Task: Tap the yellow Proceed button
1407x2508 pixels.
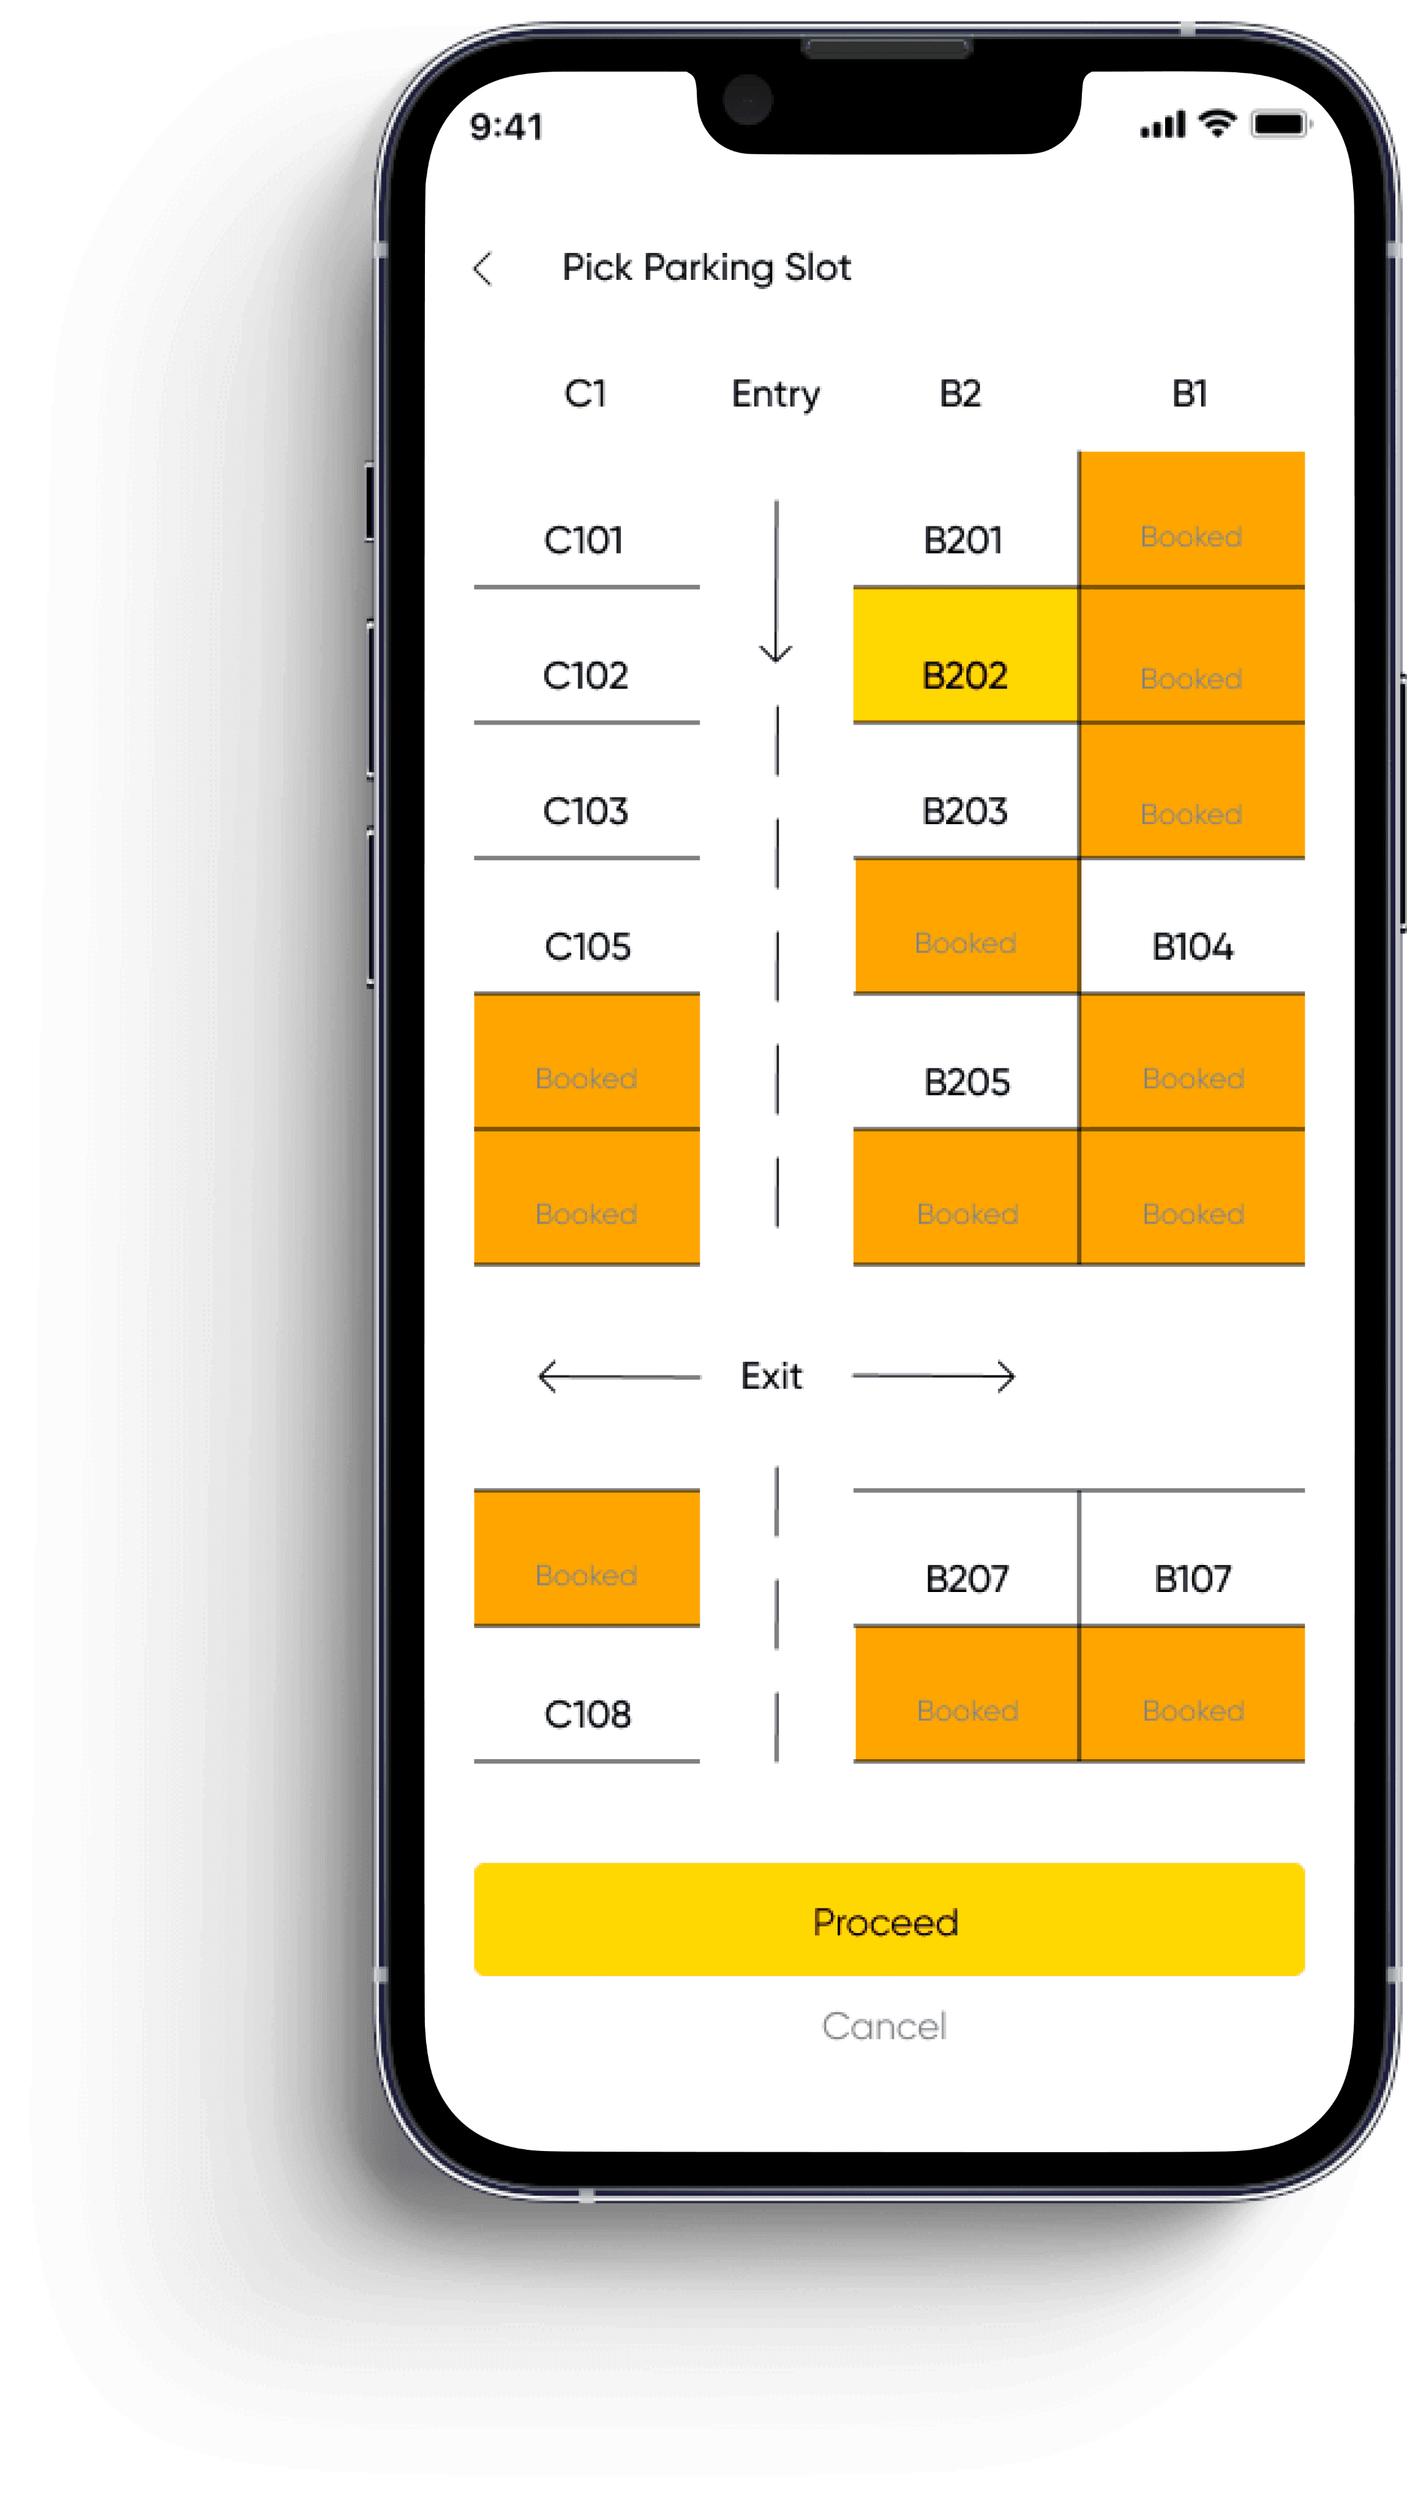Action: coord(888,1920)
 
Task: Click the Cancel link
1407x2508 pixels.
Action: coord(884,2026)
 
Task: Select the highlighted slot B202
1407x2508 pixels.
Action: coord(965,675)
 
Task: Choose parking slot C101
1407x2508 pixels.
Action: coord(584,540)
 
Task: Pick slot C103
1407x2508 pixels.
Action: coord(586,811)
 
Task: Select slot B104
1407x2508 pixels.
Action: coord(1192,947)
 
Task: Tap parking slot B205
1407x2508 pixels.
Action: coord(967,1082)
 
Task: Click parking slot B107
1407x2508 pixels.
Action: coord(1192,1578)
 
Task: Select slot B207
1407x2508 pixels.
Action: coord(967,1578)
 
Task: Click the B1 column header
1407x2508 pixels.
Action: coord(1190,393)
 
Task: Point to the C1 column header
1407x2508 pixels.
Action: coord(585,393)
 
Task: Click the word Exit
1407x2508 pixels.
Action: coord(772,1376)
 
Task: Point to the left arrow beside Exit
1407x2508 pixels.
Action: coord(618,1376)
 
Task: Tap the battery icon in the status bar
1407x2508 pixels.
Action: coord(1280,125)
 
